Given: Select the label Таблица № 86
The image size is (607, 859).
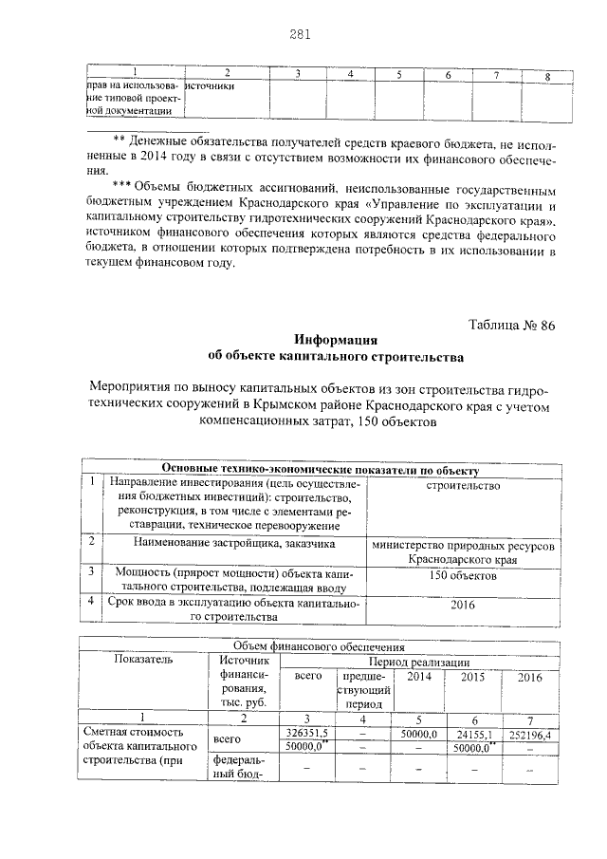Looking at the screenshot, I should (x=511, y=326).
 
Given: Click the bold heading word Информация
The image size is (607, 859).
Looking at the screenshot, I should (x=336, y=341).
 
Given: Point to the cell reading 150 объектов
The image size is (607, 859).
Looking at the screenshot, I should (x=462, y=576).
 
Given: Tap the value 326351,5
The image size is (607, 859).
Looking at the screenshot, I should (x=306, y=734).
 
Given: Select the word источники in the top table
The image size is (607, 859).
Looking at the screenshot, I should (x=210, y=85).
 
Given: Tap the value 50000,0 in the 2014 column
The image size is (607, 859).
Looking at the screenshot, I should (x=417, y=734).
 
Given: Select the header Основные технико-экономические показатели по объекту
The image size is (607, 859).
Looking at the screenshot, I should (x=321, y=470).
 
